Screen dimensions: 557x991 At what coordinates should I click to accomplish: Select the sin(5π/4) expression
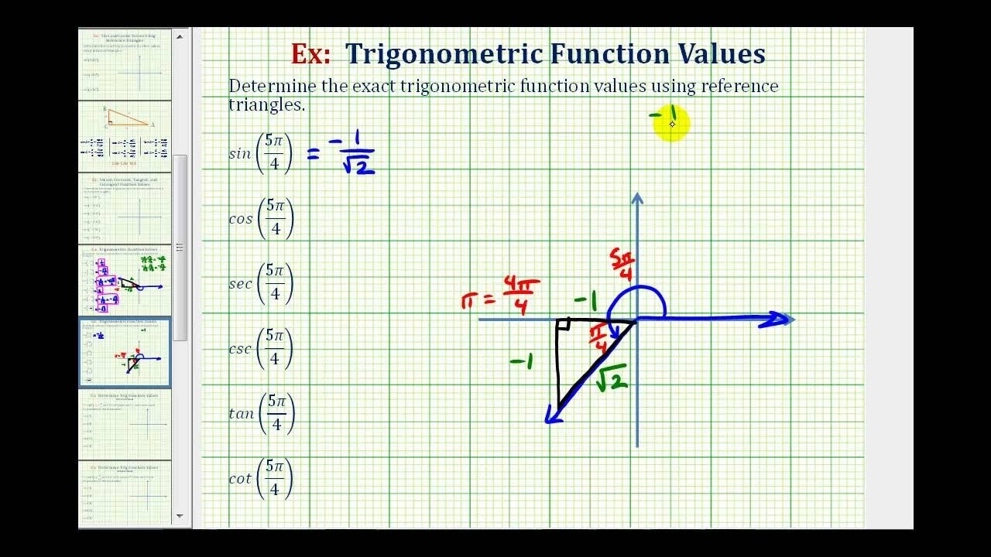pos(262,153)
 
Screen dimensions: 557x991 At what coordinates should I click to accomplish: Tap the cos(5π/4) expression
pos(262,218)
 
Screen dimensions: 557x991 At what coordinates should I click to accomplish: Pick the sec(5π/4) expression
pos(262,283)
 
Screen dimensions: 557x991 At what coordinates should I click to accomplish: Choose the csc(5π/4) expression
pos(262,348)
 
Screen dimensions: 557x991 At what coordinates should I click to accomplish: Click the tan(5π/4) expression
pos(262,413)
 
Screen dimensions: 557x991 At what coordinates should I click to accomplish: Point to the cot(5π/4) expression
pos(262,478)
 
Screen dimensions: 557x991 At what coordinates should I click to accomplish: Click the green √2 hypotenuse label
pos(612,377)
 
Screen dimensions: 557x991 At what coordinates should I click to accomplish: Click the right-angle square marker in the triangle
pos(564,326)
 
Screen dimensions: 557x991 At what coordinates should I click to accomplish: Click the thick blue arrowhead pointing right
pos(776,320)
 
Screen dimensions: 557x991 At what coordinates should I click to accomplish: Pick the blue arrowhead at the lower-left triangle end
pos(553,415)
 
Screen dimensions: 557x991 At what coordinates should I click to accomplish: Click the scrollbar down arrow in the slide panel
pos(180,515)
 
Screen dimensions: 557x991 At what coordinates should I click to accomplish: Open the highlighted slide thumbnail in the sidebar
pos(125,353)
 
